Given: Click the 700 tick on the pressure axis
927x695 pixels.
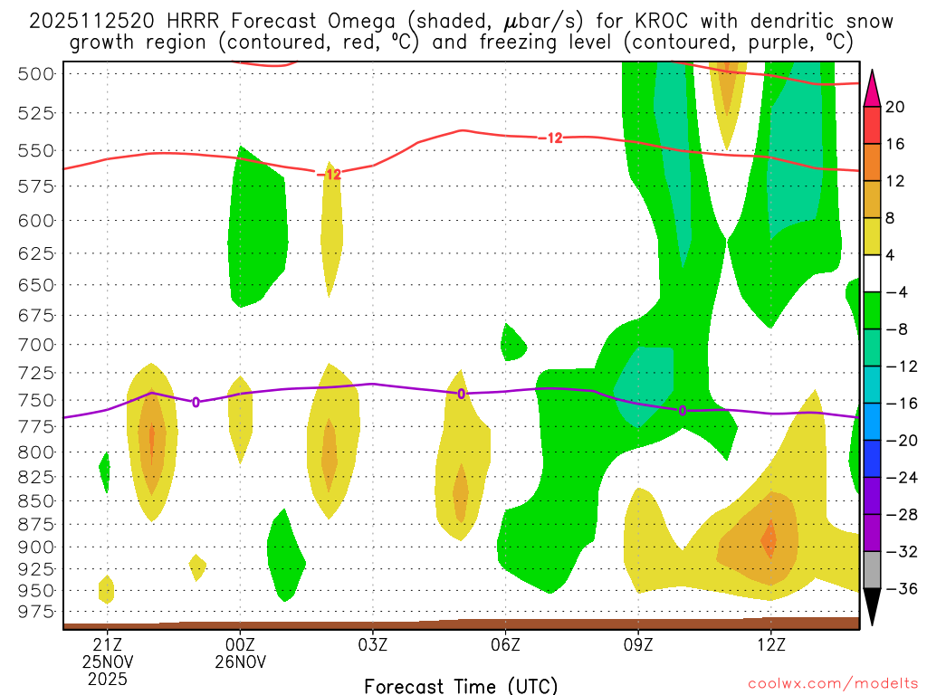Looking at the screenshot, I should [36, 344].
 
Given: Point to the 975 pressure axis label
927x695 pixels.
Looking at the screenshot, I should [36, 611].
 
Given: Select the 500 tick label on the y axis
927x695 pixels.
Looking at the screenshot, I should [36, 73].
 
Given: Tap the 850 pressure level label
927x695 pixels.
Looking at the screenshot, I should [36, 500].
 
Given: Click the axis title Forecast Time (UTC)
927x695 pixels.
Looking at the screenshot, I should [461, 685].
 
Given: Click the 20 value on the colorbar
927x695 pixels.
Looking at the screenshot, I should [895, 107].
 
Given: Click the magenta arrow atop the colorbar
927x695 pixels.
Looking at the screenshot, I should [872, 89].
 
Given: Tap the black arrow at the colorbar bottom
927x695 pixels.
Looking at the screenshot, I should [872, 608].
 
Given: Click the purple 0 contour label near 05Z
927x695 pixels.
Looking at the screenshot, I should [462, 394].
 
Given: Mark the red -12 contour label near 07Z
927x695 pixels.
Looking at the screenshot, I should [550, 138].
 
